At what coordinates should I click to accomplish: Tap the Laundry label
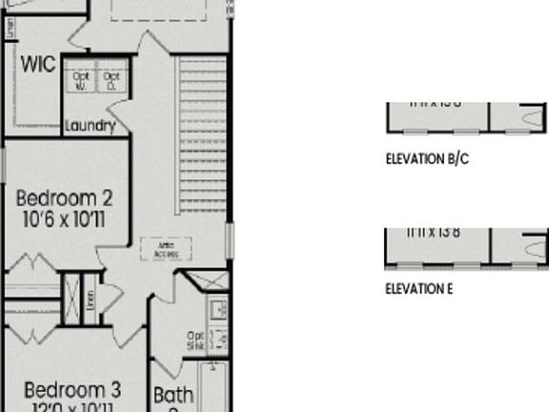click(91, 125)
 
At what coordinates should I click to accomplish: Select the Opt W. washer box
click(82, 78)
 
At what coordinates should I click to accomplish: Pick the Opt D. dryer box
click(112, 78)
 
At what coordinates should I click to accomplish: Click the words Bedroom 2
click(65, 198)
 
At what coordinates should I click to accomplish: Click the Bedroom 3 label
click(72, 389)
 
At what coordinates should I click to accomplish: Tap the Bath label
click(173, 394)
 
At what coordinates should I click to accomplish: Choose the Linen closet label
click(91, 301)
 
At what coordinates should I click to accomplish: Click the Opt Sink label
click(196, 339)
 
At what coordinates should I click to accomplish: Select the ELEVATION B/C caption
click(427, 159)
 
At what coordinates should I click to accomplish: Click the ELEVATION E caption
click(418, 289)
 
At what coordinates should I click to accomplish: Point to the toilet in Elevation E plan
click(530, 249)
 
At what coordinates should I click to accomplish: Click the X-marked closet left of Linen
click(71, 299)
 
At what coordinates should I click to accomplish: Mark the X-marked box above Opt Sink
click(206, 282)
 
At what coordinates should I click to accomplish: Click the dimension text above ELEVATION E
click(432, 232)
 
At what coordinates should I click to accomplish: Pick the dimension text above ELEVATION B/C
click(432, 102)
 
